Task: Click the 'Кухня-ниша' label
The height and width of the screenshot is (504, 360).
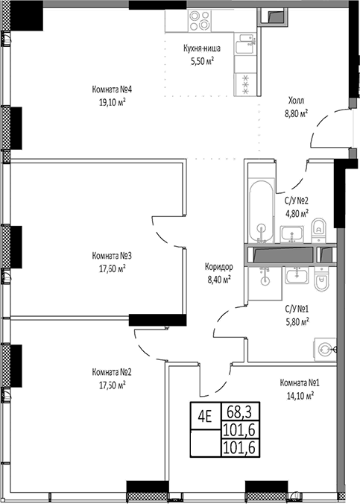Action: [x=200, y=51]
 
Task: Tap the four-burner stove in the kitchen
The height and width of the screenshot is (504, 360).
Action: [x=198, y=23]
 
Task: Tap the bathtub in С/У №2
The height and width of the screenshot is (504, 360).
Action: [x=259, y=209]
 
